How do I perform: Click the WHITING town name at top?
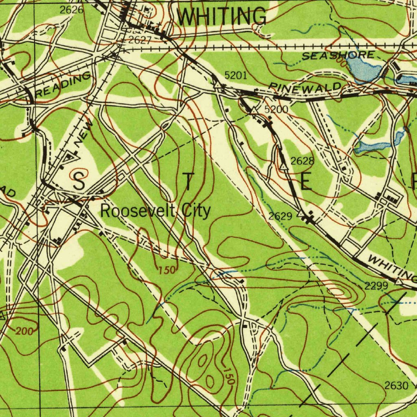(x=222, y=17)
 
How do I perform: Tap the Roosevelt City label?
(x=156, y=211)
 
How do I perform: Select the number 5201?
(x=236, y=75)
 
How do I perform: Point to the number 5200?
(x=276, y=110)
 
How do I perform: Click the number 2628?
(x=302, y=161)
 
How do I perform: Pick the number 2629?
(x=280, y=216)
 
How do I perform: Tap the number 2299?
(x=375, y=286)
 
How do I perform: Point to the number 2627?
(x=140, y=40)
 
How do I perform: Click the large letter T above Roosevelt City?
(x=188, y=182)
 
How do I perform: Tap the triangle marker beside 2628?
(x=283, y=166)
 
